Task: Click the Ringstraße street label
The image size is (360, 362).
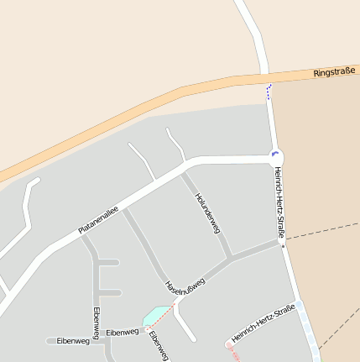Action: coord(333,73)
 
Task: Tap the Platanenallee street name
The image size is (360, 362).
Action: coord(98,219)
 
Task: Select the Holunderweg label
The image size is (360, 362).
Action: coord(206,211)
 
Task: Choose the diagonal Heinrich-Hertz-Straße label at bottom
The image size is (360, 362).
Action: coord(263,323)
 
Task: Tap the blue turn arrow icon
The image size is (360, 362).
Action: coord(274,154)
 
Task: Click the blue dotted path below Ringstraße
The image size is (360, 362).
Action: coord(269,92)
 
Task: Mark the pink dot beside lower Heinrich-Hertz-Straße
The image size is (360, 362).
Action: coord(228,344)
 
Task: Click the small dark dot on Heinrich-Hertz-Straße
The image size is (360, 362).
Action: coord(283,247)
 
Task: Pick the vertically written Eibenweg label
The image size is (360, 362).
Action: coord(97,323)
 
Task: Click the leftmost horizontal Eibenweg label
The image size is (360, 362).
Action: coord(72,341)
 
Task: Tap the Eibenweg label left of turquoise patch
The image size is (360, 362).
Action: coord(123,333)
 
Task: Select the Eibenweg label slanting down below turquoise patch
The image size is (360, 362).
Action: coord(159,345)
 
